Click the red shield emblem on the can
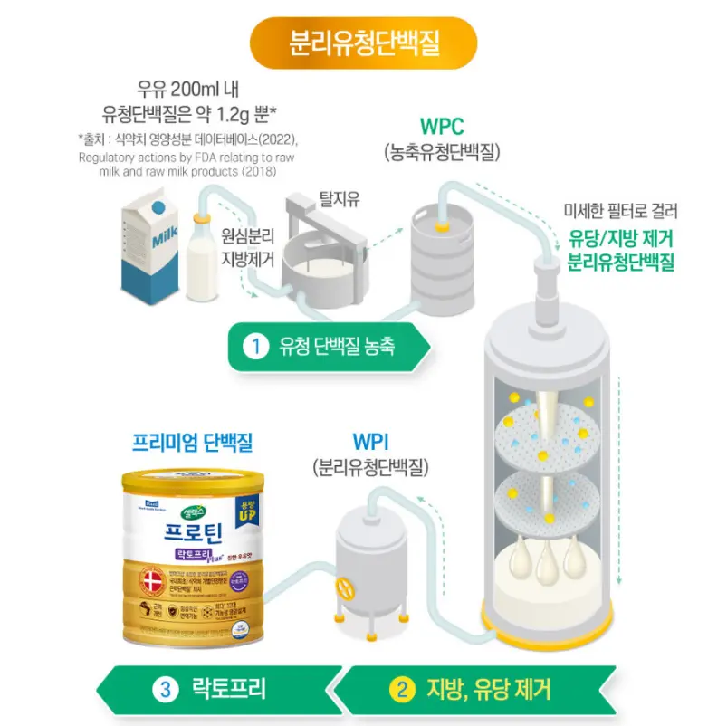click(x=151, y=580)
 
